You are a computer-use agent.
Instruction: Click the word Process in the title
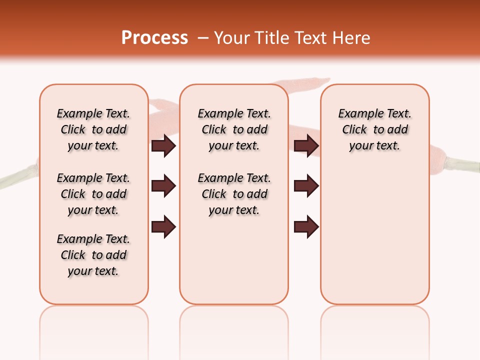pyautogui.click(x=154, y=38)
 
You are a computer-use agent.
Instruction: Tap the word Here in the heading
pyautogui.click(x=349, y=38)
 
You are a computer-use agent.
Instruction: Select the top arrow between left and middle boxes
pyautogui.click(x=163, y=146)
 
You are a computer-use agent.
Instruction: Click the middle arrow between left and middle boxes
pyautogui.click(x=163, y=186)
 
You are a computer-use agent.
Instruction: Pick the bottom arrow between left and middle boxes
pyautogui.click(x=163, y=227)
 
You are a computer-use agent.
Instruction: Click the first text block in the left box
pyautogui.click(x=93, y=129)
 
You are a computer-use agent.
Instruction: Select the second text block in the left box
pyautogui.click(x=93, y=194)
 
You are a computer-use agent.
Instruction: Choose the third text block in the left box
pyautogui.click(x=93, y=255)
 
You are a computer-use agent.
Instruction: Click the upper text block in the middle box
pyautogui.click(x=234, y=129)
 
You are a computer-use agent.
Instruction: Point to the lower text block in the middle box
pyautogui.click(x=234, y=194)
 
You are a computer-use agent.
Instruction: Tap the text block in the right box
pyautogui.click(x=374, y=129)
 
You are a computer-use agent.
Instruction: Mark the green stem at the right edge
pyautogui.click(x=462, y=164)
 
